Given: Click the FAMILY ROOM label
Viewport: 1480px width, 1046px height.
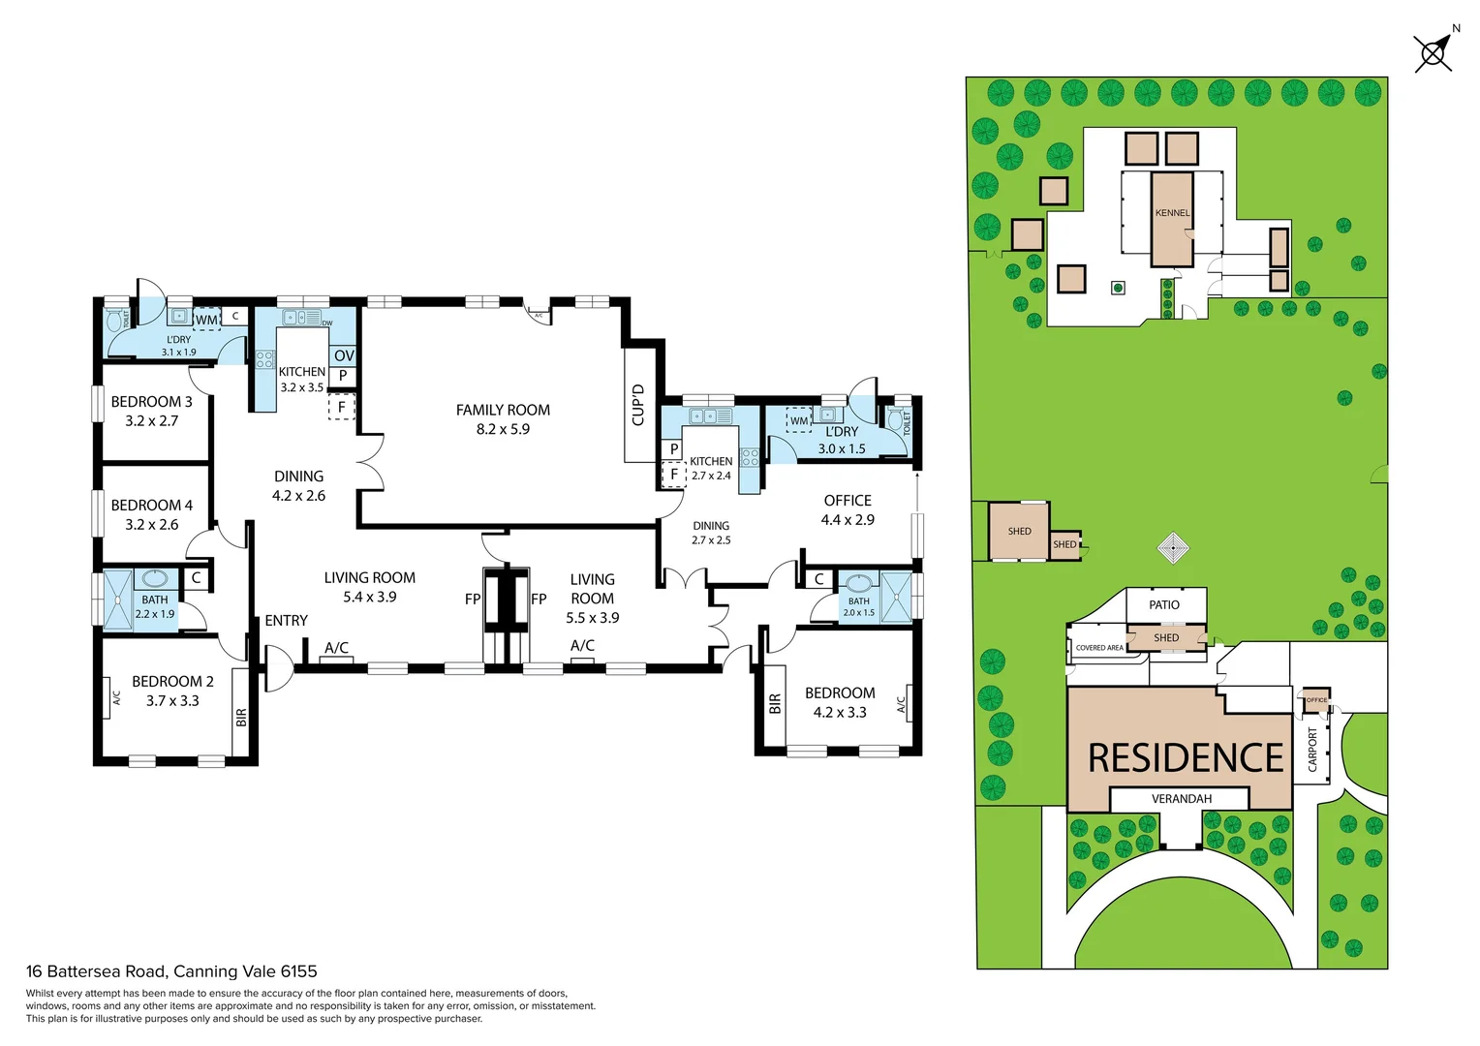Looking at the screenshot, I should tap(503, 410).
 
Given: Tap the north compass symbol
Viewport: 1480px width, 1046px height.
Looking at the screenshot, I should tap(1434, 52).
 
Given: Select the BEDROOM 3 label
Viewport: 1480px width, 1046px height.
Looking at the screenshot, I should tap(151, 402).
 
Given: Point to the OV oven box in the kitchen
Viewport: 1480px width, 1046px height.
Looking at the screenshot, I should tap(344, 355).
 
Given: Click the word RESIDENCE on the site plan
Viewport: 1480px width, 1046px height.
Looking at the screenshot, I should tap(1186, 757).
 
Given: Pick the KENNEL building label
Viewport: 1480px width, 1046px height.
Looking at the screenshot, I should tap(1172, 213).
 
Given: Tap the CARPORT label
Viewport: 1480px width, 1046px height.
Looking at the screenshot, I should tap(1313, 750).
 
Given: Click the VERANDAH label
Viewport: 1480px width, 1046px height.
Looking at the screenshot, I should tap(1182, 799).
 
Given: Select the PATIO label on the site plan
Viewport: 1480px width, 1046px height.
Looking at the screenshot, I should tap(1164, 605).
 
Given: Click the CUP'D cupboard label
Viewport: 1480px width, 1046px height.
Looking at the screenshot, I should tap(638, 405).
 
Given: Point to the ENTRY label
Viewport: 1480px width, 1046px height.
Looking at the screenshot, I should tap(287, 621).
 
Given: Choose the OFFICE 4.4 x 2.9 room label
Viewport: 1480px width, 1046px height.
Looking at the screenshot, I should tap(848, 509).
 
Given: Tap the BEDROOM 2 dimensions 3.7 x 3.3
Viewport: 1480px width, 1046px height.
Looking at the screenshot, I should tap(172, 700).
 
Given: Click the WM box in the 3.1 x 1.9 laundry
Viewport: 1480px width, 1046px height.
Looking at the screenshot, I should tap(206, 320).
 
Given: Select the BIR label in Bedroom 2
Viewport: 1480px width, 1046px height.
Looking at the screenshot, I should tap(241, 718).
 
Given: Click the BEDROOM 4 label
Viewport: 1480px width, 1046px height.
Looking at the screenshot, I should tap(151, 506).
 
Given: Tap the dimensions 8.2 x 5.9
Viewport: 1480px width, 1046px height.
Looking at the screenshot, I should tap(503, 429).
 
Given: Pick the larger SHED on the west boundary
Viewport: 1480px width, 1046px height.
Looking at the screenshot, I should tap(1019, 531).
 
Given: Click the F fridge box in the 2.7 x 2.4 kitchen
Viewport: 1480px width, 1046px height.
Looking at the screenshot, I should tap(674, 475).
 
